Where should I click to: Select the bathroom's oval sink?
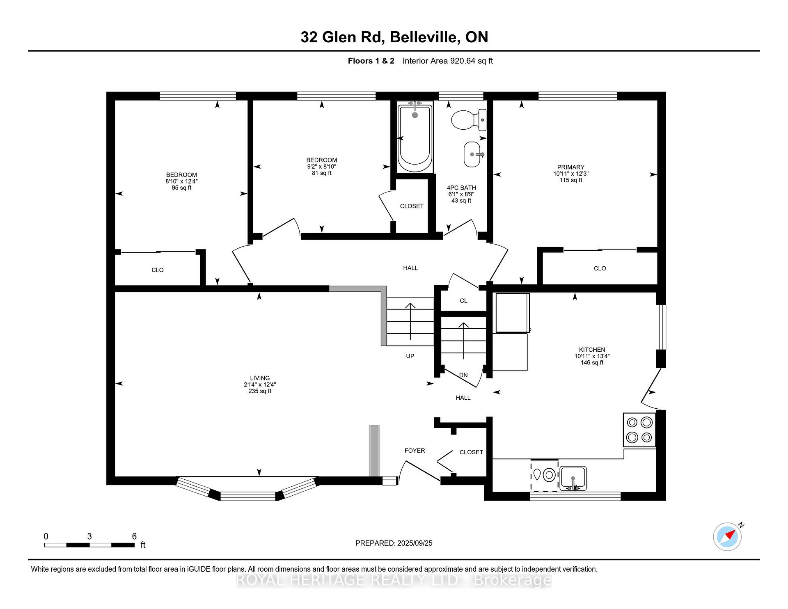[472, 154]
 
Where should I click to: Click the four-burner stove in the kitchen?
[639, 430]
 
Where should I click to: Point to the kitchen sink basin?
[573, 478]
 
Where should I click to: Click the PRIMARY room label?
[570, 167]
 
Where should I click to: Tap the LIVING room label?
[260, 378]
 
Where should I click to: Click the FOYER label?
[415, 451]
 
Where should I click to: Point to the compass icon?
[727, 536]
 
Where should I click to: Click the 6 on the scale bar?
[134, 536]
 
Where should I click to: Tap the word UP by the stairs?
[410, 356]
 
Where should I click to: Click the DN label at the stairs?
[463, 375]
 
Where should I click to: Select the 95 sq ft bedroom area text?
[181, 188]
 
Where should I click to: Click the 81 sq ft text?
[321, 173]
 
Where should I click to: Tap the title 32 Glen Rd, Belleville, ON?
[394, 37]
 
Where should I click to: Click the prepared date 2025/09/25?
[415, 543]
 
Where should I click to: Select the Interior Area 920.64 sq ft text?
[447, 61]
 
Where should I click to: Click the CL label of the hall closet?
[463, 301]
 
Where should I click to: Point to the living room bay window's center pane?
[248, 496]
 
